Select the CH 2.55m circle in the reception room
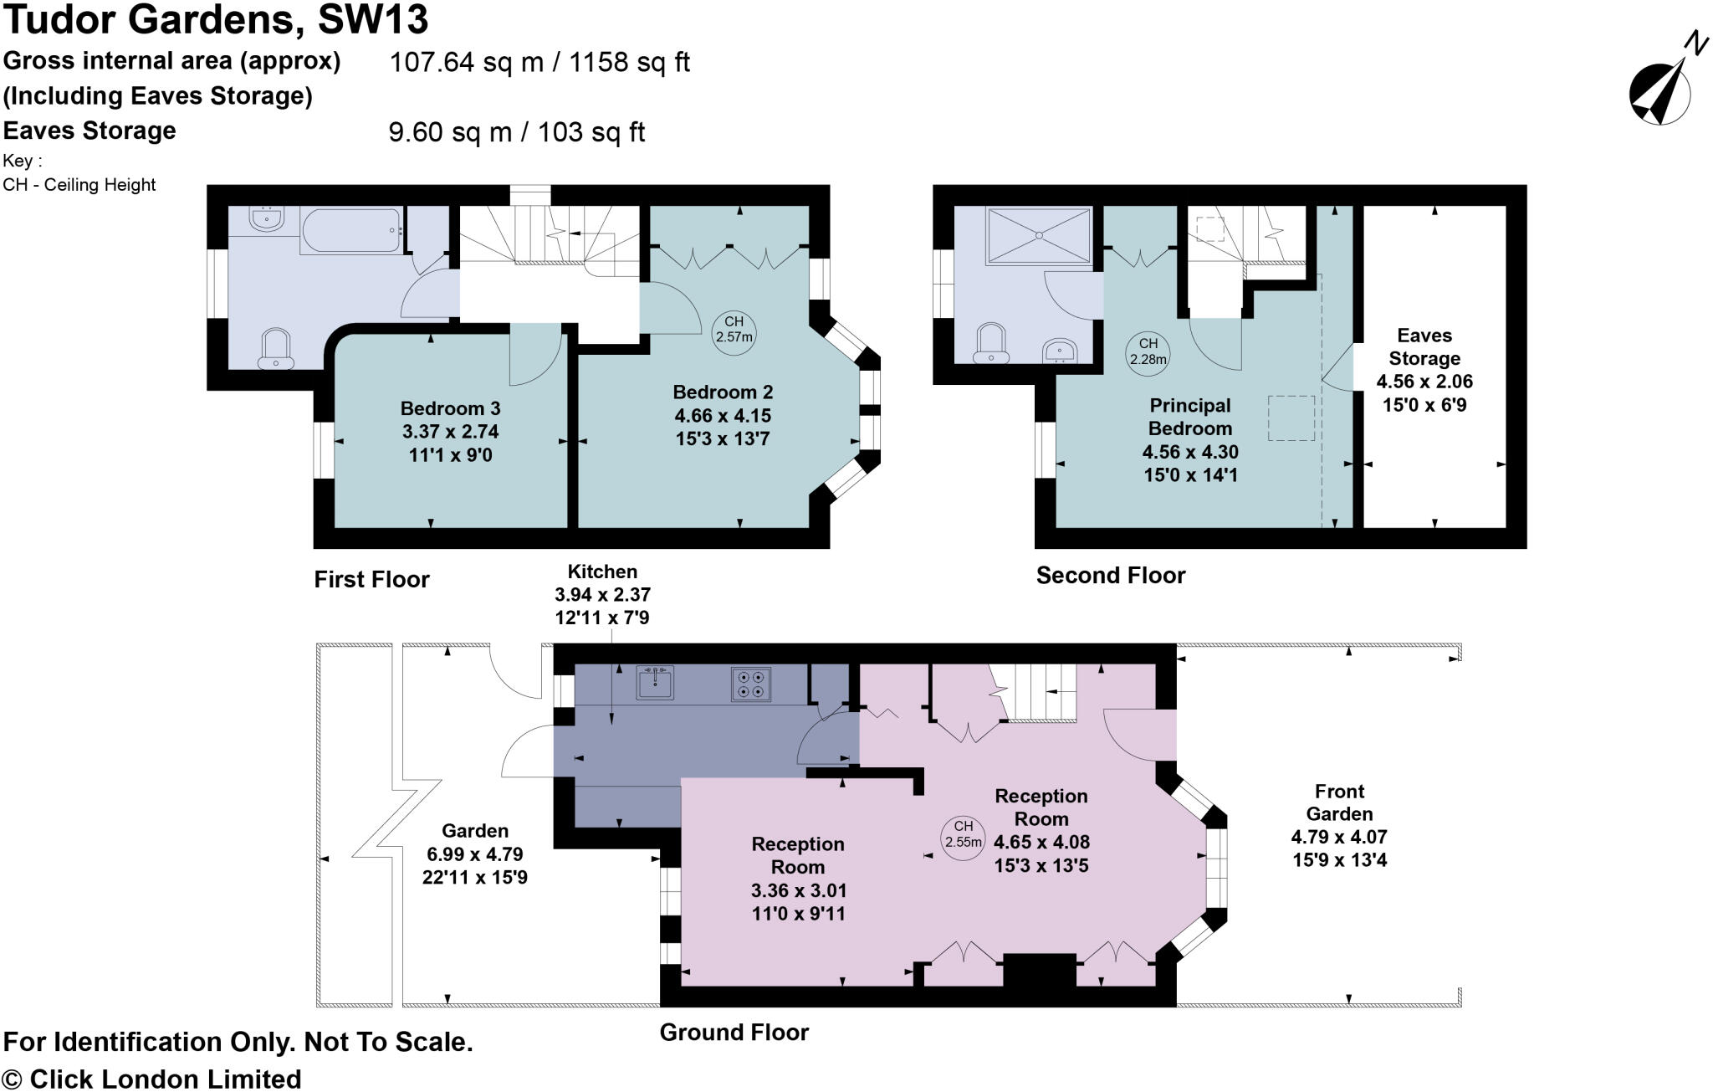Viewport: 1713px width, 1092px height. (963, 835)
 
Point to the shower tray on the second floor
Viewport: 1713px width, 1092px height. (1040, 236)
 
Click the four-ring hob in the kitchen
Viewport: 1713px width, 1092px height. (750, 684)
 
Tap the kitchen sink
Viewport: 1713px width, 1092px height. (655, 683)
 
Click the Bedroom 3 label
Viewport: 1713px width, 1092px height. (450, 408)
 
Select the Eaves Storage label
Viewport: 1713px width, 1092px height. (1424, 347)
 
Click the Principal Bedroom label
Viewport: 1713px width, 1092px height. (1189, 417)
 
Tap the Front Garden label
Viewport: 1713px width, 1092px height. (1339, 802)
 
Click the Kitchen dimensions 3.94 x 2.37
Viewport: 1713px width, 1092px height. (602, 595)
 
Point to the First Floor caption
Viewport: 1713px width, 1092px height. (371, 579)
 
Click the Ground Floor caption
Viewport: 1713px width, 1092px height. (734, 1032)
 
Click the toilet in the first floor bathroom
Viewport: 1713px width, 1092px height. (276, 349)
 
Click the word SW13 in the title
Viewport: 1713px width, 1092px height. (373, 20)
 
